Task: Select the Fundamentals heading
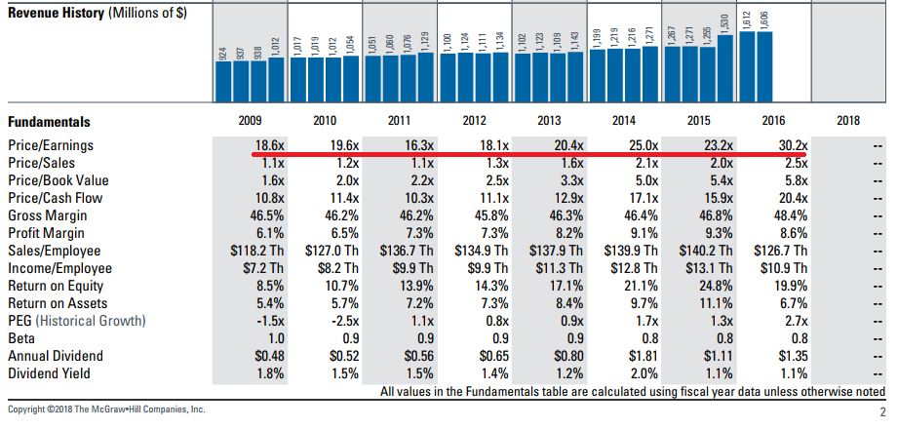[x=49, y=122]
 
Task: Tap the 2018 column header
[x=849, y=122]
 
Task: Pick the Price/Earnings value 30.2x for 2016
[x=788, y=145]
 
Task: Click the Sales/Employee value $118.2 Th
[x=253, y=251]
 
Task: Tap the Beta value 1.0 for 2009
[x=273, y=338]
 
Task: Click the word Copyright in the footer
[x=30, y=410]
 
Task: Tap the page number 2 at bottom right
[x=881, y=411]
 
